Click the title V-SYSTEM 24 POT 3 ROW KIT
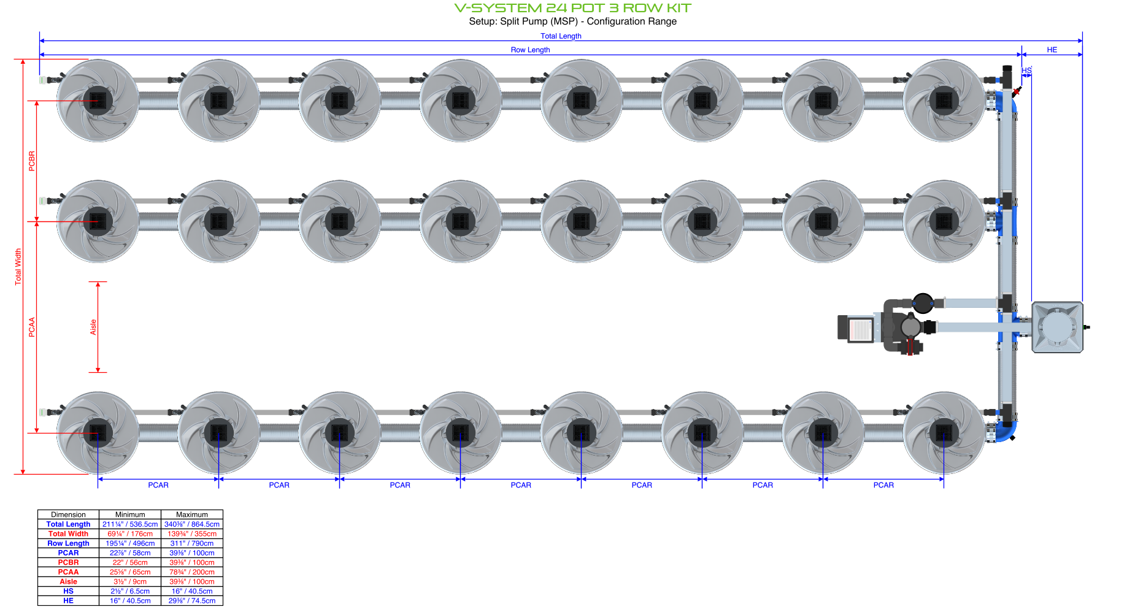click(572, 8)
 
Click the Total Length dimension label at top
click(561, 36)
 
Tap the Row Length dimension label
click(530, 50)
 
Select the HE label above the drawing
click(1052, 50)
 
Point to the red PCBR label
click(32, 161)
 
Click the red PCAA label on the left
click(32, 327)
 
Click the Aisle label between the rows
click(93, 327)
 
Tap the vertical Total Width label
click(18, 266)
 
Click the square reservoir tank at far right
click(1057, 327)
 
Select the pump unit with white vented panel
click(856, 328)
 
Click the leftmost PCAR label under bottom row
click(158, 485)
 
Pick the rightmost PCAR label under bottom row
click(883, 485)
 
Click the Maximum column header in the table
click(192, 514)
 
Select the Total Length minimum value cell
click(130, 524)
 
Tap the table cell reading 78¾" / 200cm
click(192, 572)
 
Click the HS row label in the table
click(68, 591)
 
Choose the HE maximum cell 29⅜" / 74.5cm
click(192, 601)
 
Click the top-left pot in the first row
click(98, 100)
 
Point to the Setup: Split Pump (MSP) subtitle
click(572, 21)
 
